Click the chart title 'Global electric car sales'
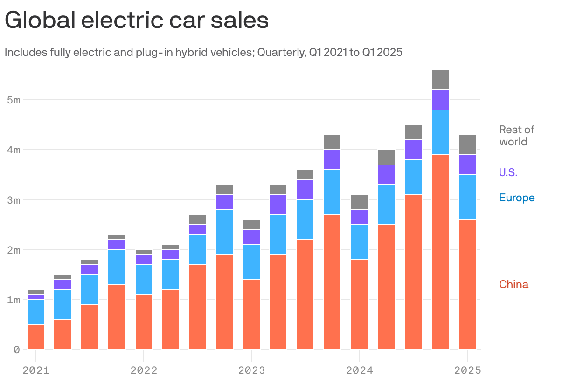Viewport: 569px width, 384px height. pyautogui.click(x=137, y=21)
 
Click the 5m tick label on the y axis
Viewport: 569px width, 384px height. pyautogui.click(x=14, y=100)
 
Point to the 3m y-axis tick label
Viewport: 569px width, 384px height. pyautogui.click(x=14, y=200)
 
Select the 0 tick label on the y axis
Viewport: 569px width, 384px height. pyautogui.click(x=17, y=350)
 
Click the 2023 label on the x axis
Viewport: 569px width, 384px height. pyautogui.click(x=252, y=370)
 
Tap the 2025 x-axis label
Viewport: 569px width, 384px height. pyautogui.click(x=467, y=370)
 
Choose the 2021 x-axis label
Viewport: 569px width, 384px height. pyautogui.click(x=36, y=370)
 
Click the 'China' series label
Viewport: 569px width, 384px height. pyautogui.click(x=513, y=284)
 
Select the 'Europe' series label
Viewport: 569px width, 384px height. pyautogui.click(x=517, y=198)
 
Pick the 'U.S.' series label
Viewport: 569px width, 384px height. pyautogui.click(x=508, y=172)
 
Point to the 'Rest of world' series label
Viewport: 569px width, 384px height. pyautogui.click(x=516, y=136)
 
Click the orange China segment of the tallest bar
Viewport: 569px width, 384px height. pyautogui.click(x=440, y=252)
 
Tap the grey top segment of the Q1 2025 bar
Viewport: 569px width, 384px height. pyautogui.click(x=468, y=145)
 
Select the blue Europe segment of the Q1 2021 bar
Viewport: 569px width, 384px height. pyautogui.click(x=36, y=312)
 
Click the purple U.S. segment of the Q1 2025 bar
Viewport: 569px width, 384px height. pyautogui.click(x=468, y=165)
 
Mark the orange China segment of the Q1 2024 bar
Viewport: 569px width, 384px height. pyautogui.click(x=360, y=304)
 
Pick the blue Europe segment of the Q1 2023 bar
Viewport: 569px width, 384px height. pyautogui.click(x=252, y=262)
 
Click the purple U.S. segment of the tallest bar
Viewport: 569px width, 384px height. pyautogui.click(x=440, y=100)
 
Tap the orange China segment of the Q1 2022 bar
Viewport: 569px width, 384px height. pyautogui.click(x=144, y=322)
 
